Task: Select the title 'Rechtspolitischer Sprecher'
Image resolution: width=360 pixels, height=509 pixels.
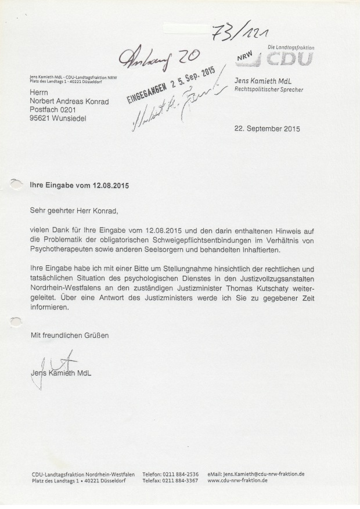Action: [268, 89]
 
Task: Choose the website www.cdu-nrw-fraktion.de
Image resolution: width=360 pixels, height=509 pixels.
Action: [237, 481]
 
